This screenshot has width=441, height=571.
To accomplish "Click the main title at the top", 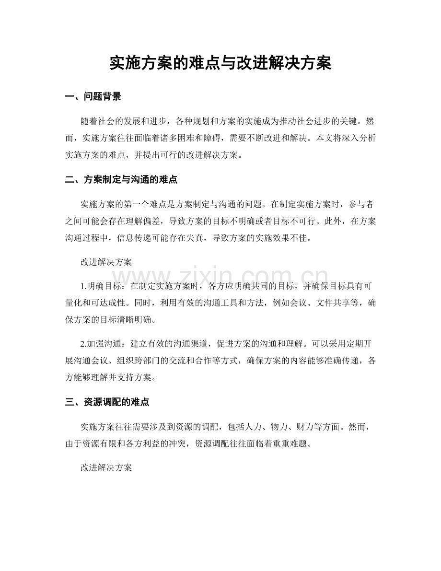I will (220, 63).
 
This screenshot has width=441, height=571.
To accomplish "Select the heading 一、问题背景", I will (93, 97).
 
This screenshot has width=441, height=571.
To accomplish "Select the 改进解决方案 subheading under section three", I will (106, 467).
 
